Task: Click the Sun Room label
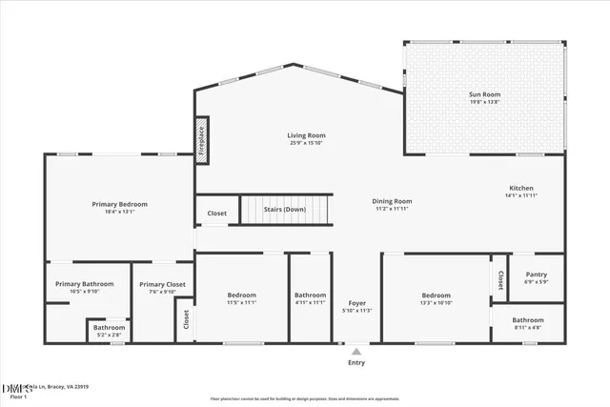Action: click(x=485, y=94)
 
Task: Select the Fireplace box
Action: click(x=201, y=140)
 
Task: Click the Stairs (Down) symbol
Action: click(x=285, y=210)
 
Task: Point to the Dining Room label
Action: click(x=392, y=201)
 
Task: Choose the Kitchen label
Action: click(x=520, y=189)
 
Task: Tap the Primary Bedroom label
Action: click(x=119, y=204)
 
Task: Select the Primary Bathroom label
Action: click(x=84, y=284)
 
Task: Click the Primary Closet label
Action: click(x=162, y=284)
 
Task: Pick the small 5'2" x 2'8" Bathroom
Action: click(x=109, y=329)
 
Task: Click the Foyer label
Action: click(x=357, y=303)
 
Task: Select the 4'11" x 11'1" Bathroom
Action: click(x=311, y=295)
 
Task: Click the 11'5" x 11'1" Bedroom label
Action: click(x=241, y=295)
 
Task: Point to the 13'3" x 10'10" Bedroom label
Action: click(x=436, y=295)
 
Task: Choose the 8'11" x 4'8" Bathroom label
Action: click(x=527, y=320)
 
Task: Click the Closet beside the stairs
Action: click(x=216, y=214)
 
